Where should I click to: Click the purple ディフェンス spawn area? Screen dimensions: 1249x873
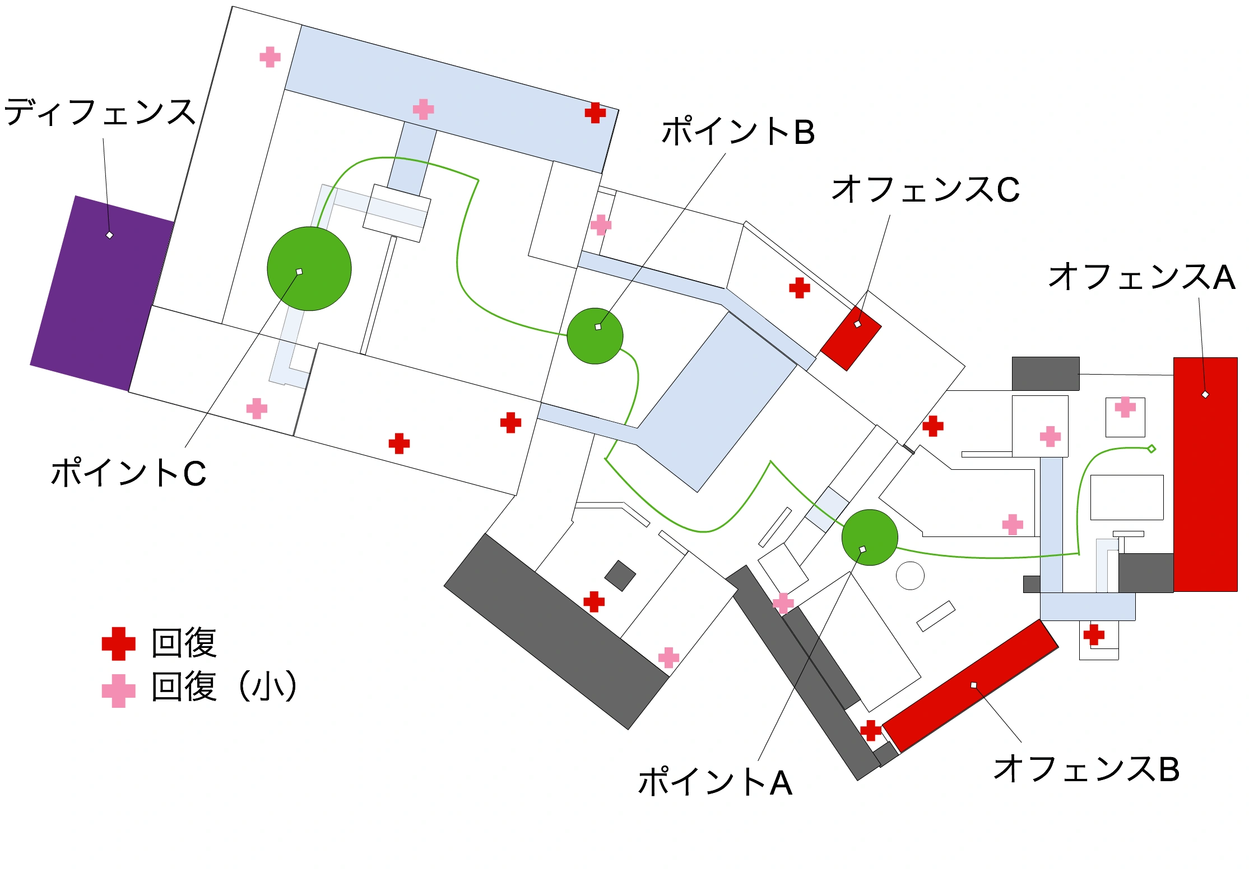(102, 292)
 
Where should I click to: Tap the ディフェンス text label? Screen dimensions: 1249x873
(100, 112)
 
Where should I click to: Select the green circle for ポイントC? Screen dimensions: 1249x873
(309, 269)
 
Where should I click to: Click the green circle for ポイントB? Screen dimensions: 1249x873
(595, 336)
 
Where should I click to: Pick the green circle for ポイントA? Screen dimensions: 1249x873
(869, 538)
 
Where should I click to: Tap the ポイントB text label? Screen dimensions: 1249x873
(737, 132)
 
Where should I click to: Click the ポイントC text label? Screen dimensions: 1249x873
(128, 473)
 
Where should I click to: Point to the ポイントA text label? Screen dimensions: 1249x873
(715, 782)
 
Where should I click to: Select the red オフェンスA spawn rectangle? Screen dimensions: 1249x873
(1205, 474)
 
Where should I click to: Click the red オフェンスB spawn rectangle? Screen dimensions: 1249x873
(970, 686)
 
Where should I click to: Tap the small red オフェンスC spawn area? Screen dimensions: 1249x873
(851, 338)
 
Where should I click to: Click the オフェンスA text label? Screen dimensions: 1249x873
(1141, 277)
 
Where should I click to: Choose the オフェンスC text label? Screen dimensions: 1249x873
(925, 189)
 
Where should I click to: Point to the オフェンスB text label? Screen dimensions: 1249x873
(1086, 768)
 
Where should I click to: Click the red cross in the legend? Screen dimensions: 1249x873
(118, 643)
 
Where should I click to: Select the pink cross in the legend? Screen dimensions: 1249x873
(118, 690)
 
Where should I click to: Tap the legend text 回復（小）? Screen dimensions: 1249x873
(224, 687)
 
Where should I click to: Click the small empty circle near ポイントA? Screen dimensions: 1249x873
(910, 576)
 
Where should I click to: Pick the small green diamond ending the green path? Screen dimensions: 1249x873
(1152, 449)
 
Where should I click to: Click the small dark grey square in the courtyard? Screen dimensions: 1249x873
(620, 575)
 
